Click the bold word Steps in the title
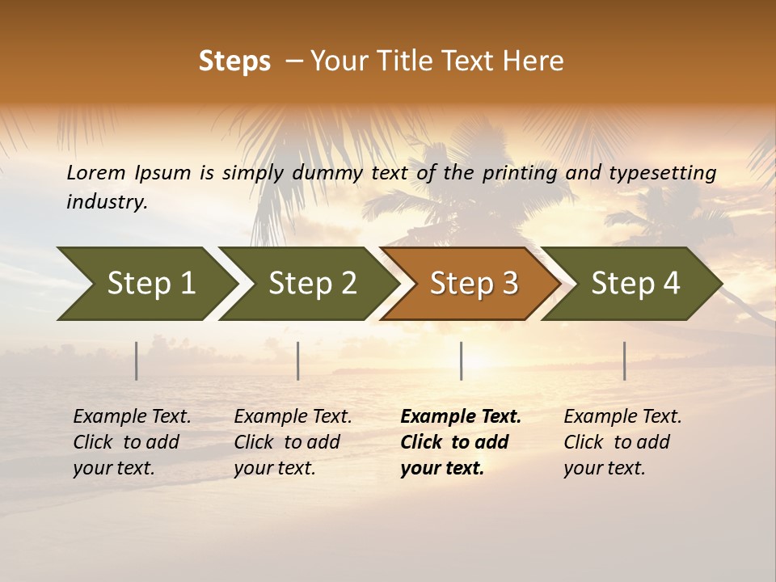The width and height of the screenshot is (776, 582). click(x=234, y=61)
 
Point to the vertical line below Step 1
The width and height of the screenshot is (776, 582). click(x=137, y=361)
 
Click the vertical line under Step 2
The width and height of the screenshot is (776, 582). click(x=298, y=361)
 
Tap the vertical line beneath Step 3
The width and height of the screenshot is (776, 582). click(x=462, y=361)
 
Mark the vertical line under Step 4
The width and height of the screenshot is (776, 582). click(x=625, y=361)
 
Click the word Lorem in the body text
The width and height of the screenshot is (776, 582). click(x=96, y=173)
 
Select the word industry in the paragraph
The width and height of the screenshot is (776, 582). click(x=107, y=202)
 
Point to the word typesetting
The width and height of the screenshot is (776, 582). click(x=662, y=173)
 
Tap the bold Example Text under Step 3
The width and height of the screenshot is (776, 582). click(x=461, y=417)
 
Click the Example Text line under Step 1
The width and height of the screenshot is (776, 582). click(x=132, y=417)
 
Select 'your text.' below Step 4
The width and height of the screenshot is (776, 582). click(x=604, y=469)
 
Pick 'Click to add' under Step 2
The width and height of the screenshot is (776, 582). click(x=287, y=443)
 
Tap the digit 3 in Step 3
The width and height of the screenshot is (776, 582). click(x=509, y=284)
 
